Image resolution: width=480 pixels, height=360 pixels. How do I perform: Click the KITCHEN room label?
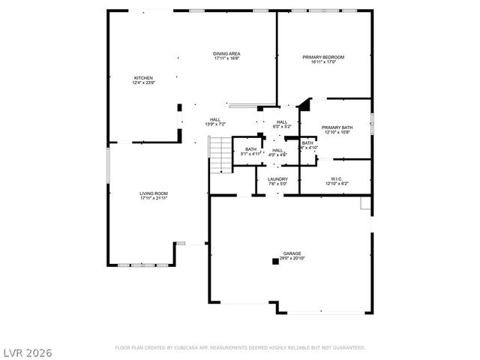pyautogui.click(x=143, y=78)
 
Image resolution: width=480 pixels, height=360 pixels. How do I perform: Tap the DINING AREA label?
pyautogui.click(x=226, y=54)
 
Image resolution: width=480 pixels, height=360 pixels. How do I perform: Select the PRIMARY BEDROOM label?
pyautogui.click(x=323, y=57)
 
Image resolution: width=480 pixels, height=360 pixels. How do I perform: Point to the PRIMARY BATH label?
pyautogui.click(x=337, y=127)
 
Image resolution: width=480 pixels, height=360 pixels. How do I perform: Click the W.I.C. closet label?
pyautogui.click(x=337, y=178)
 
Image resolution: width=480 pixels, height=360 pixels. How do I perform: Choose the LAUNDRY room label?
pyautogui.click(x=277, y=178)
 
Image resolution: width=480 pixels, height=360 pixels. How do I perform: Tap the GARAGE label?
pyautogui.click(x=292, y=253)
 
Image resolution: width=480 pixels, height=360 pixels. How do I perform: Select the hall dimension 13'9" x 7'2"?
pyautogui.click(x=215, y=124)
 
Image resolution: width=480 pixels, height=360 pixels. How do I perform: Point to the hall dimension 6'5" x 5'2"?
pyautogui.click(x=282, y=127)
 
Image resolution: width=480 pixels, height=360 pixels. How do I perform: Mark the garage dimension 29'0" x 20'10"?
pyautogui.click(x=292, y=259)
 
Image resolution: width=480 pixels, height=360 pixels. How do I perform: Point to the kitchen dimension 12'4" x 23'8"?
pyautogui.click(x=143, y=83)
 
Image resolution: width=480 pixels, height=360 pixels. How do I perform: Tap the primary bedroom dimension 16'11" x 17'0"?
pyautogui.click(x=323, y=62)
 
